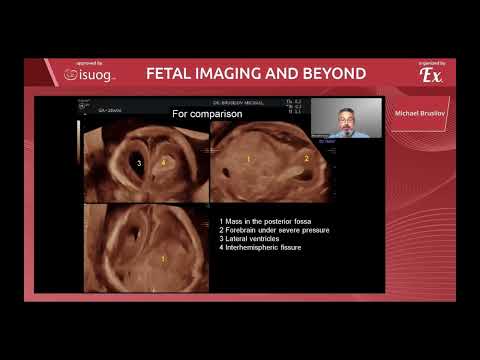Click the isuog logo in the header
87,74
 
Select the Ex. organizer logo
431,76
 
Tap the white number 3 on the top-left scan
139,161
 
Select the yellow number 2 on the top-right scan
306,159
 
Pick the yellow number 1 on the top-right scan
248,159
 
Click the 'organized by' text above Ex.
432,63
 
